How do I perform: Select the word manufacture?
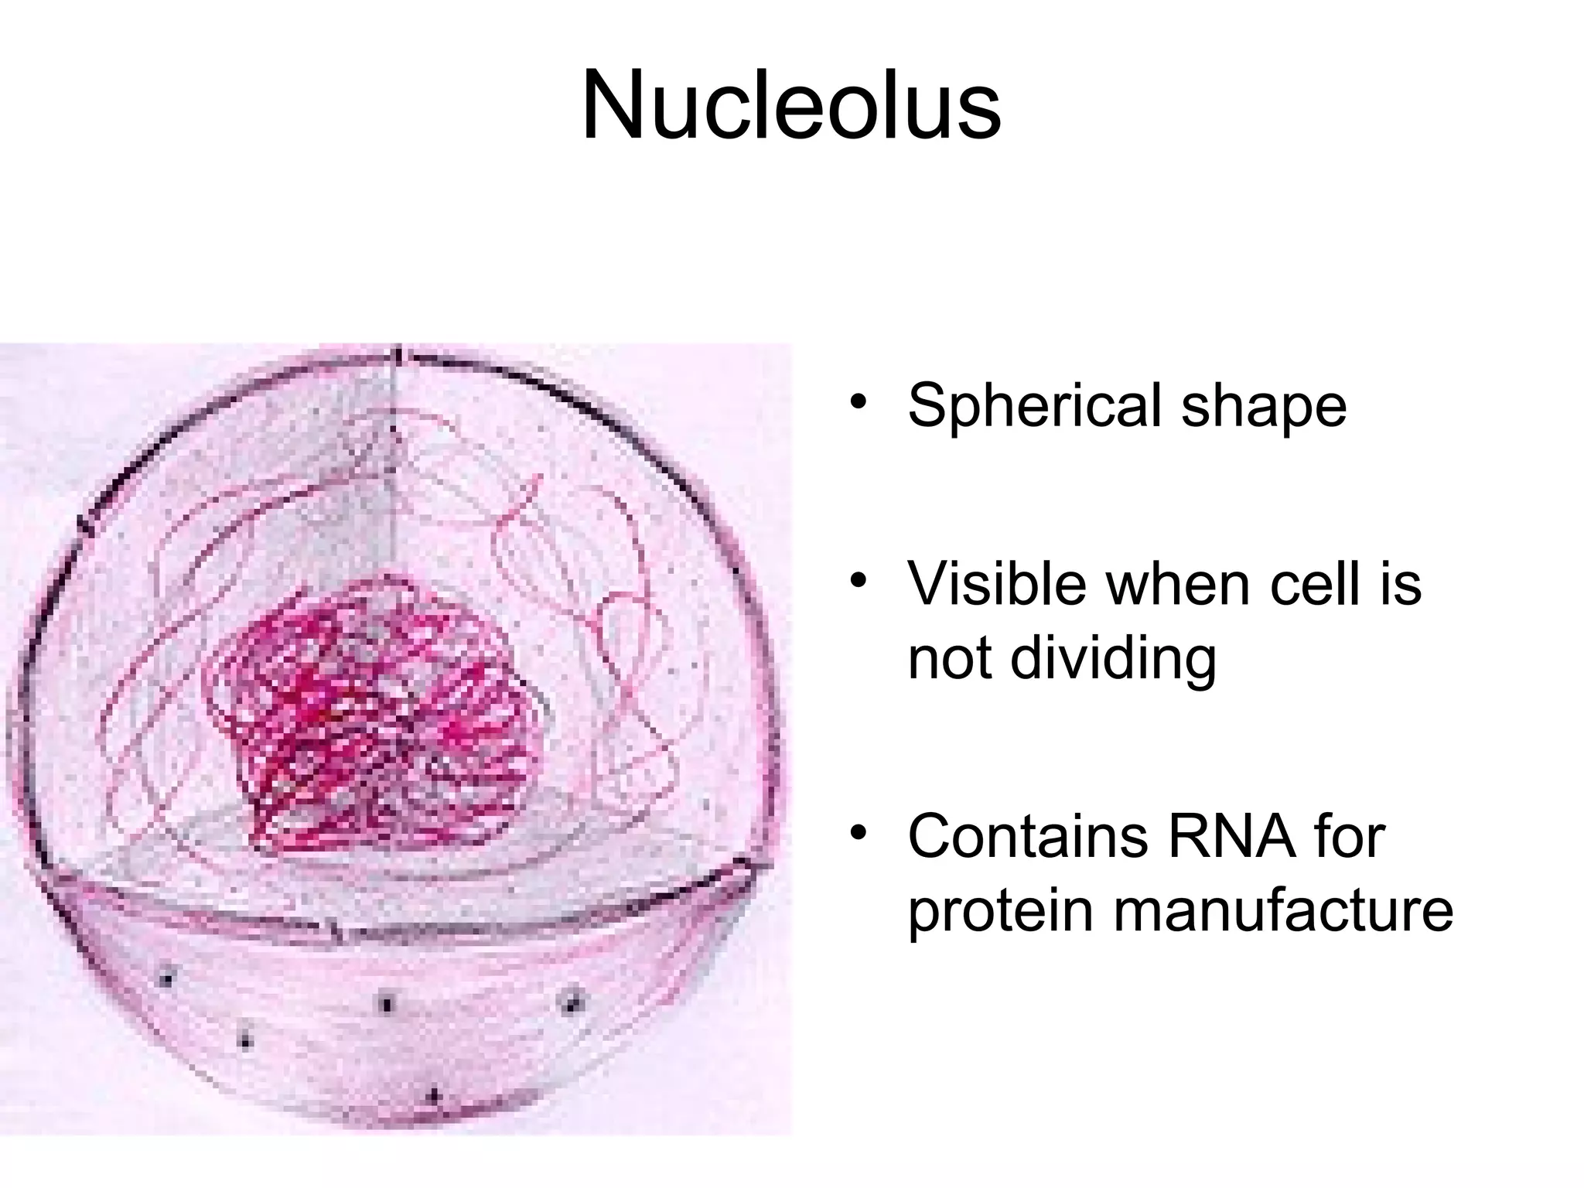(x=1283, y=911)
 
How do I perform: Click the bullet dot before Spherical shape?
(x=857, y=404)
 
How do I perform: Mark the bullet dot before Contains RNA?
(x=857, y=835)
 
